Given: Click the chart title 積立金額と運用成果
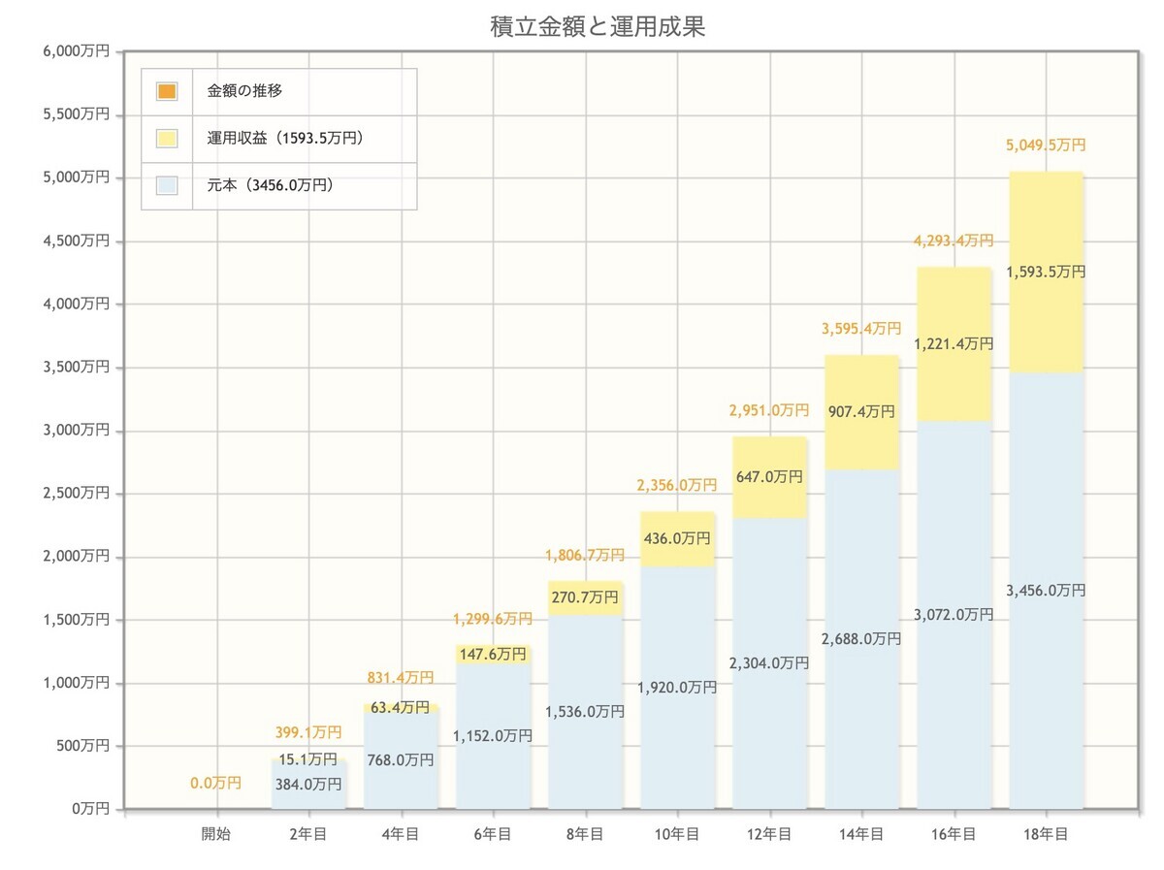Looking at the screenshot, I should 598,27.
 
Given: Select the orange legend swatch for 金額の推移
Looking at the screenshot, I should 166,92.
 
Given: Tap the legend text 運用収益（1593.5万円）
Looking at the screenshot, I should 285,139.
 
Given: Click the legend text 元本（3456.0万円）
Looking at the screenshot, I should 271,184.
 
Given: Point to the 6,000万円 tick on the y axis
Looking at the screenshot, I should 76,51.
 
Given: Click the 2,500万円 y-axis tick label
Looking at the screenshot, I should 76,494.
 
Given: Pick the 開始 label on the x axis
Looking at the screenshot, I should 216,833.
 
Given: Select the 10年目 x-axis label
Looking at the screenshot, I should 677,833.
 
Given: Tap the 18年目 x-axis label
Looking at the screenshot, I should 1046,833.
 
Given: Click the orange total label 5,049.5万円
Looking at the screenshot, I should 1046,145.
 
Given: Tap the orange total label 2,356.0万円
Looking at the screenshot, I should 677,485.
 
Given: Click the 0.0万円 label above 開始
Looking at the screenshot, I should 215,783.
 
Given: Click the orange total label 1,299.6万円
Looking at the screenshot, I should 493,619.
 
